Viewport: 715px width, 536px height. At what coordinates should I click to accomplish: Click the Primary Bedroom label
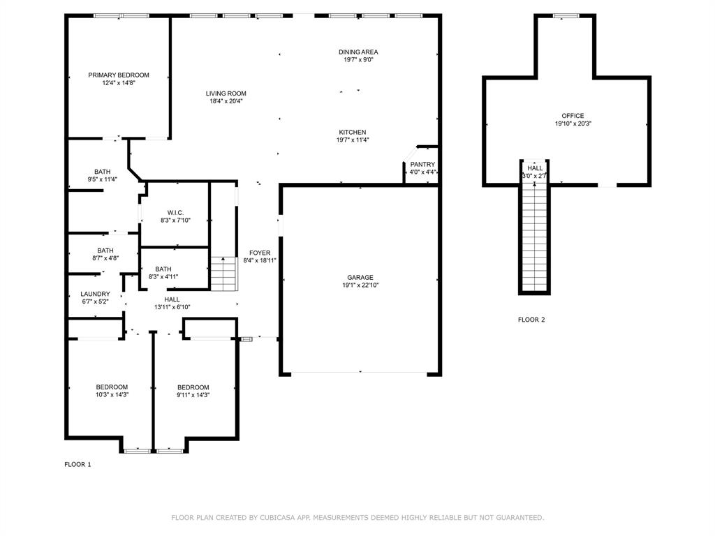118,75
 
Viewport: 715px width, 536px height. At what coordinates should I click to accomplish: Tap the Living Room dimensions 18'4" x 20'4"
226,101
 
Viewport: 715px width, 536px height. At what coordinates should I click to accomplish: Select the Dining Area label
358,52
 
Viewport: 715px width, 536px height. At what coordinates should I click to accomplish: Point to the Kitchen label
353,132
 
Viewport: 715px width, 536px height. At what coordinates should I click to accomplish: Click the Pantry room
422,168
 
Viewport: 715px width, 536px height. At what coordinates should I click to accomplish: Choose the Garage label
360,277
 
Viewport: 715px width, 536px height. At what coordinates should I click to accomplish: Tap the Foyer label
260,253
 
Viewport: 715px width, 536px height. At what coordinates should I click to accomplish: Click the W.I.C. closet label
175,212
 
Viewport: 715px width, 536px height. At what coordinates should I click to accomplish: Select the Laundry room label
95,294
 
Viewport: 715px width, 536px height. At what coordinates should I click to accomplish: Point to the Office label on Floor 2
573,116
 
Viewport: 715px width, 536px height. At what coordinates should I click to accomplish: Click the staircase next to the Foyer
223,274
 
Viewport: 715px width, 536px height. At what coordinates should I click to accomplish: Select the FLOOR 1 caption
78,464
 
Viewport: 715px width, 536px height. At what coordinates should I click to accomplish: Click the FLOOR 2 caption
531,320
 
